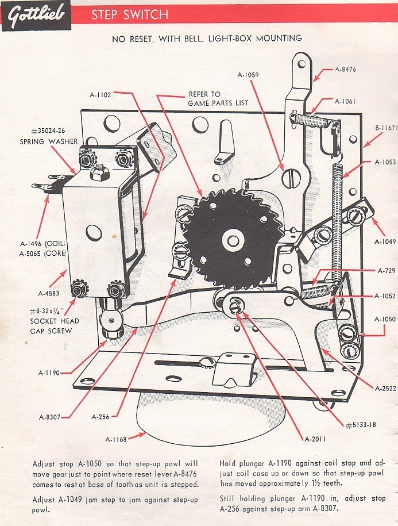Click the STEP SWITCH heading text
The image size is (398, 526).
click(129, 14)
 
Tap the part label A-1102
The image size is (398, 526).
click(101, 95)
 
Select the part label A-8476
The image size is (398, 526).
click(346, 70)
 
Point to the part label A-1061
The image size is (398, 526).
click(345, 101)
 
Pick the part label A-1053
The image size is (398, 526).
click(385, 163)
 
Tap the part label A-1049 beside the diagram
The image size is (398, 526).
click(385, 242)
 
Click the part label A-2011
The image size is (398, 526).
click(315, 440)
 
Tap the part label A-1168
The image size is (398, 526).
click(117, 440)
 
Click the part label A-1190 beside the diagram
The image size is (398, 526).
click(50, 373)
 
